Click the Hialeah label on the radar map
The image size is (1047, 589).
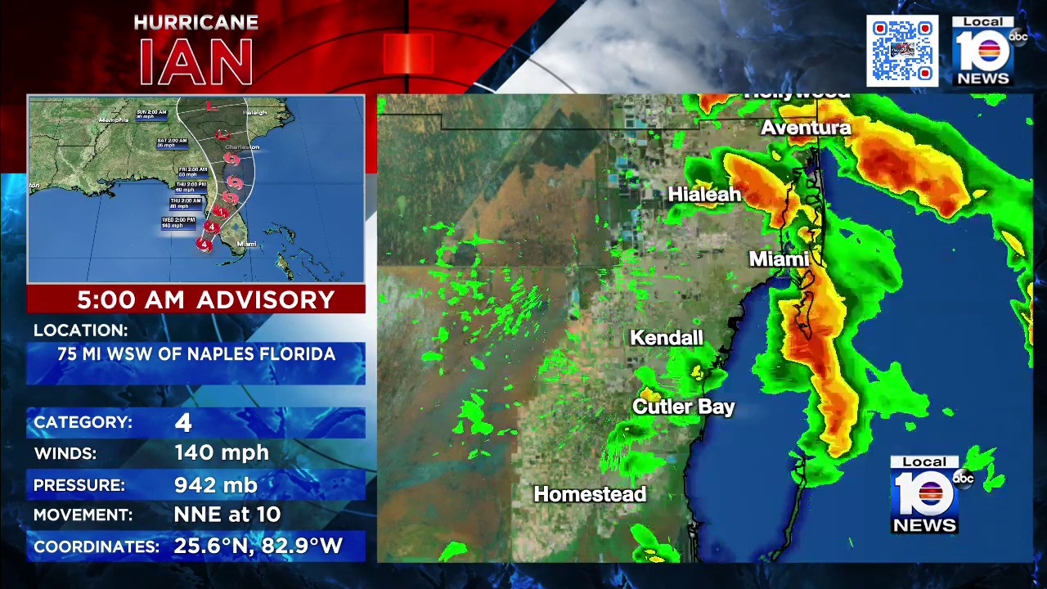(704, 195)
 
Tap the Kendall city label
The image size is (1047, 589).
(667, 338)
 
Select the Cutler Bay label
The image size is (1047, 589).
(684, 407)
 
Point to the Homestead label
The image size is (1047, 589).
(590, 494)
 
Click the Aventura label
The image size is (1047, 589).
(806, 128)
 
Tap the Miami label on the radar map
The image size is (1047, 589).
(779, 259)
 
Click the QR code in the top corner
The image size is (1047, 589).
(902, 51)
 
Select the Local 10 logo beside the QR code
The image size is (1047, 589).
(985, 51)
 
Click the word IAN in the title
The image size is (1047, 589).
(196, 61)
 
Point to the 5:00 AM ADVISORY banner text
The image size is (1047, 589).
(206, 299)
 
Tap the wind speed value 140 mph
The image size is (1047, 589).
(222, 452)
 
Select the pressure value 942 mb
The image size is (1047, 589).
(216, 485)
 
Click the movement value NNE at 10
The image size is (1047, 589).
(227, 515)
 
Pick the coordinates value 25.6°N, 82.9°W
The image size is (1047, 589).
(258, 546)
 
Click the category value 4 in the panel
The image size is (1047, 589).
(182, 422)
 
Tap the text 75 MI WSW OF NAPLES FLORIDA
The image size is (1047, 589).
(196, 354)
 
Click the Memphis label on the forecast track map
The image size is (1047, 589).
(114, 119)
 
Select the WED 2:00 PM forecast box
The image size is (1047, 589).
(178, 223)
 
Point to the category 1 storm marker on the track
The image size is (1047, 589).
(220, 213)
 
